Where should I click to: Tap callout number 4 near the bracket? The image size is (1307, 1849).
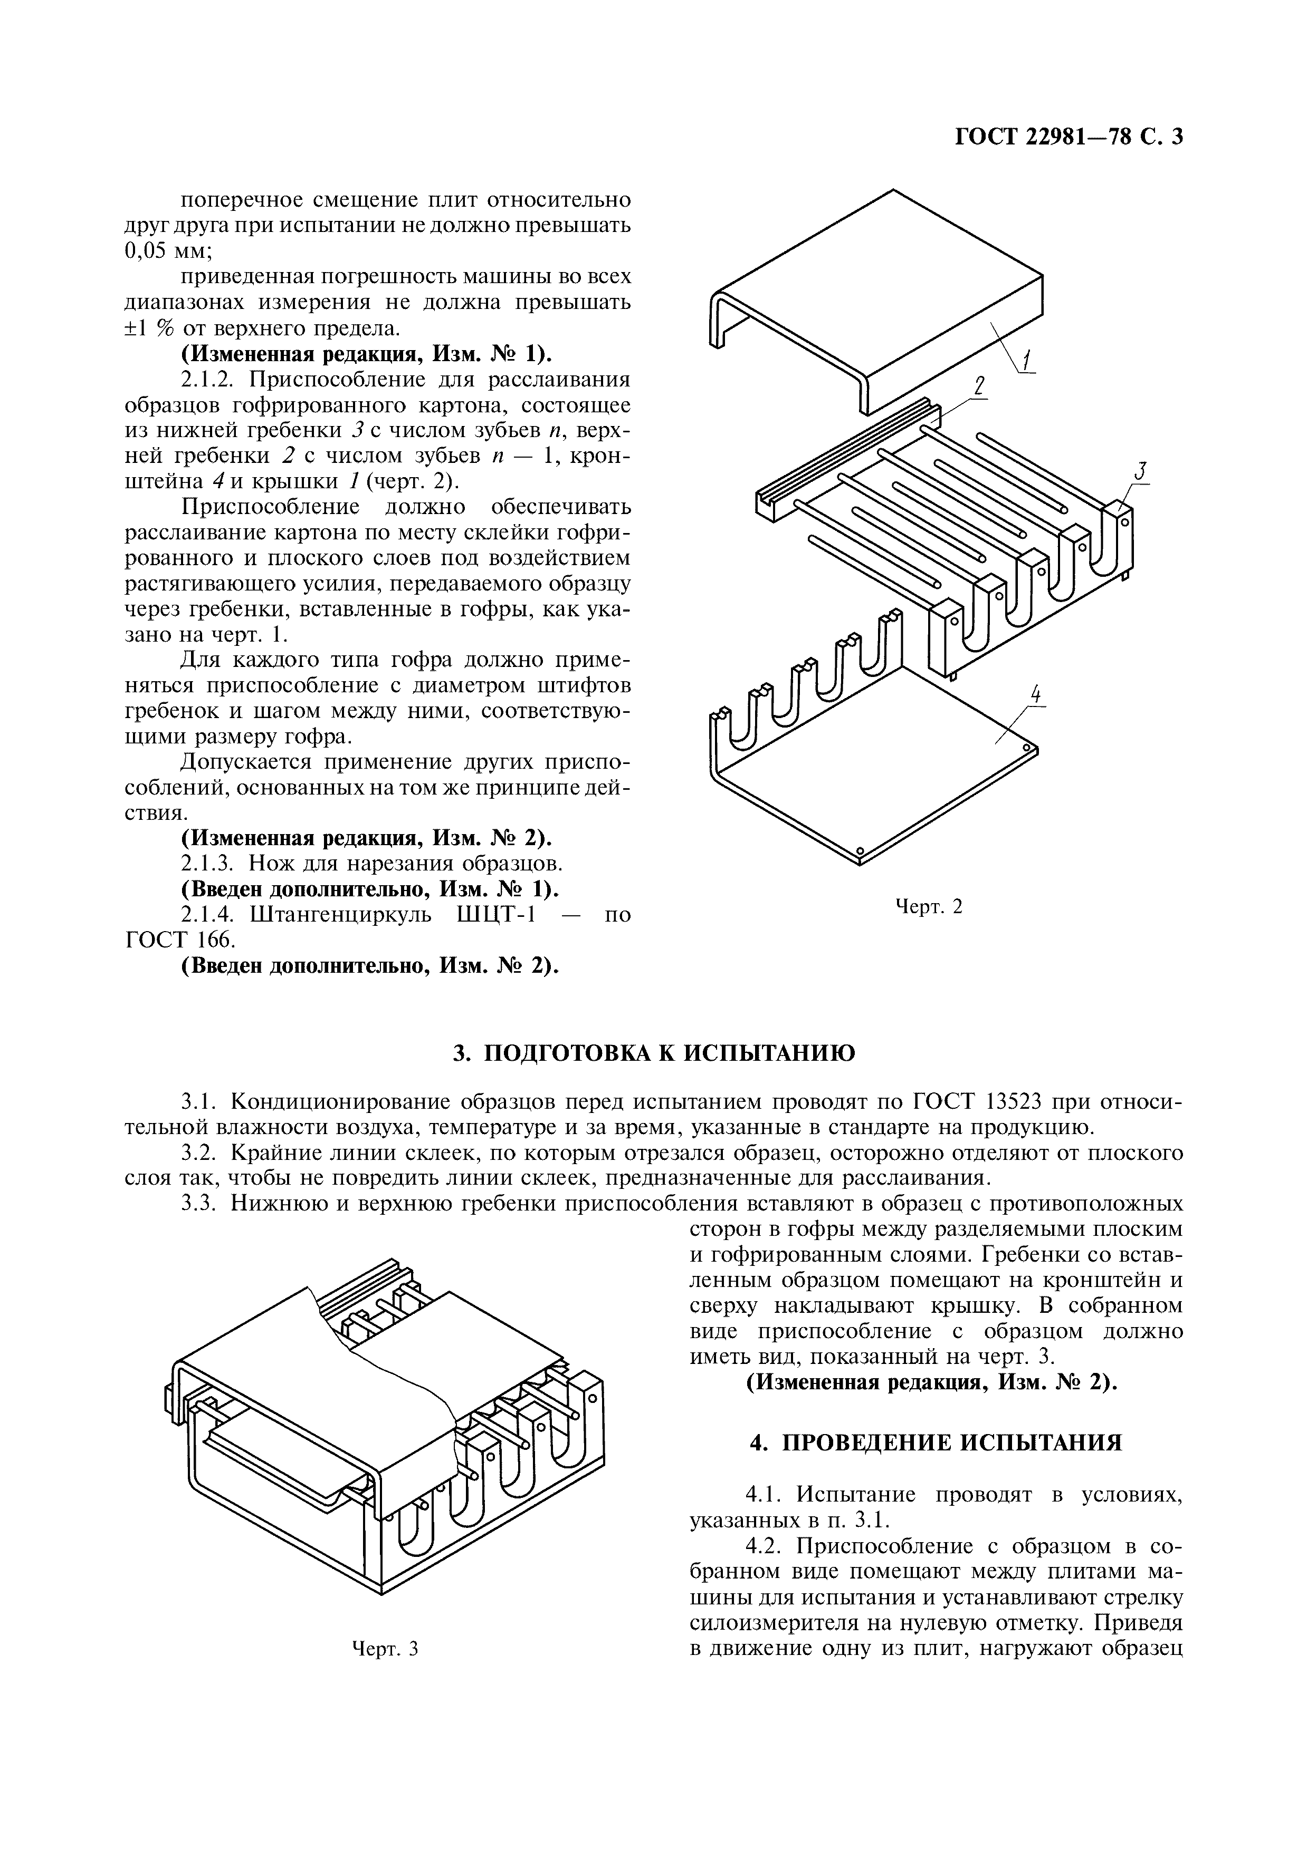pyautogui.click(x=1036, y=695)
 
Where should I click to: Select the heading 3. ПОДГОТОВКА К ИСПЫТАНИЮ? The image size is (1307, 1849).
pyautogui.click(x=653, y=1052)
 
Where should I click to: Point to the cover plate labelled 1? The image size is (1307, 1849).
pyautogui.click(x=886, y=274)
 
